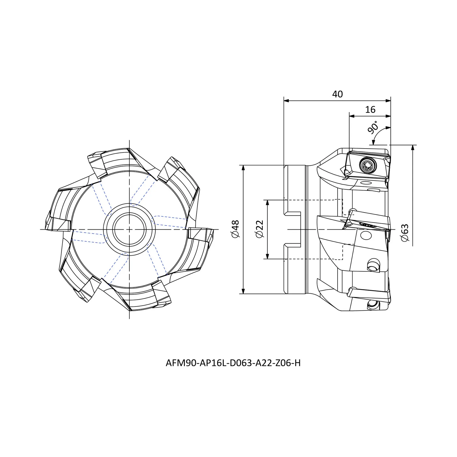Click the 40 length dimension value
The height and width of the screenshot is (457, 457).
point(337,94)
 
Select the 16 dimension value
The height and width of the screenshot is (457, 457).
point(370,110)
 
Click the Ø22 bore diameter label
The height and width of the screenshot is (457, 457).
point(260,229)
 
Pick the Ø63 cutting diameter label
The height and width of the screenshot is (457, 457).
point(405,233)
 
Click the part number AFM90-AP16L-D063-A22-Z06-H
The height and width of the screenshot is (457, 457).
point(233,363)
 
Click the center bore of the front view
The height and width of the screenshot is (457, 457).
point(129,229)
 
